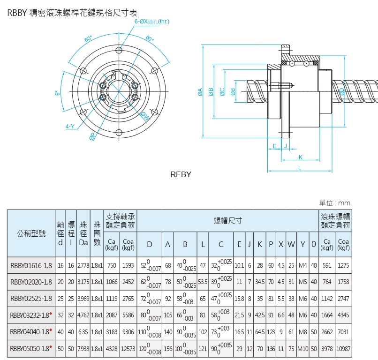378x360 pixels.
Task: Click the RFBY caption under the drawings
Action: [x=181, y=174]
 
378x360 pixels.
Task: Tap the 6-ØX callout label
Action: [x=151, y=22]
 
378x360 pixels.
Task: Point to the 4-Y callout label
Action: [x=70, y=126]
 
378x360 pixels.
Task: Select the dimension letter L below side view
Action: [x=300, y=167]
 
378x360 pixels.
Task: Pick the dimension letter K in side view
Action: [x=300, y=157]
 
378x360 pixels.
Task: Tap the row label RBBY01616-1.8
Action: [x=31, y=265]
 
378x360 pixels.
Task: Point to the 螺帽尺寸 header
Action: [x=227, y=219]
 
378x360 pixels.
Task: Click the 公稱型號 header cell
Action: [x=31, y=233]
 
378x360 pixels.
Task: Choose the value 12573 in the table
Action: [x=127, y=349]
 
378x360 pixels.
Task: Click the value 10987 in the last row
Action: [x=343, y=349]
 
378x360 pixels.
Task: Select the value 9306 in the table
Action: [x=127, y=332]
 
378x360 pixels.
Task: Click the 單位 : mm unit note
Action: [x=334, y=203]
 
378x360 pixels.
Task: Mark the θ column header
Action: [x=313, y=244]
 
